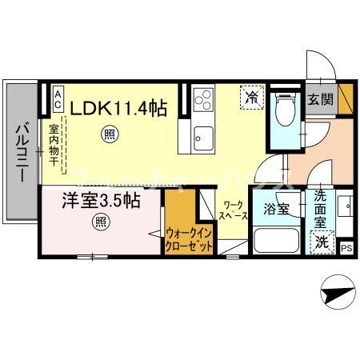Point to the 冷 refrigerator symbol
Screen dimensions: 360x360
[251, 99]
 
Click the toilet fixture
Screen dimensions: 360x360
[283, 117]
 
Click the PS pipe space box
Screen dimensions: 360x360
[346, 248]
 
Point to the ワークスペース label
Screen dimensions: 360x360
[234, 210]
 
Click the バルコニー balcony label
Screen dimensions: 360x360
[22, 151]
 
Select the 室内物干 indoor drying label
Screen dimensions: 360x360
[54, 145]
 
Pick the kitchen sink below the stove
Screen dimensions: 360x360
[201, 137]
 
